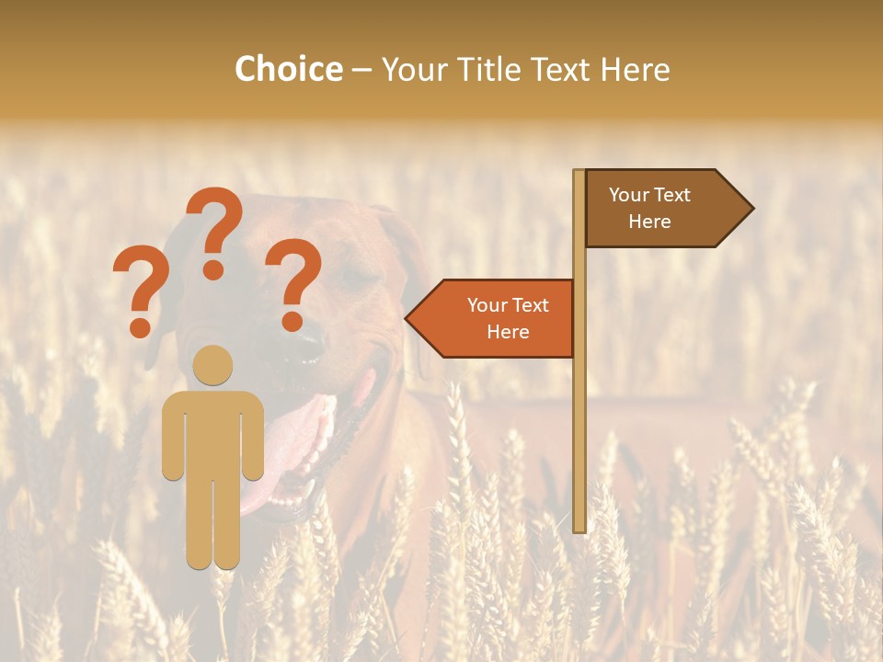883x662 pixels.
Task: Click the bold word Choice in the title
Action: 288,69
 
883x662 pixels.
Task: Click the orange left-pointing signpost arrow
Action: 492,318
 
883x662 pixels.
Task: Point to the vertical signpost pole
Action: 579,414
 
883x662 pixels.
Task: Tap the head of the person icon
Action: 213,365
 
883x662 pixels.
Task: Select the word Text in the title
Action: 562,69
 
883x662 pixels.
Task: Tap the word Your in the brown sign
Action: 629,195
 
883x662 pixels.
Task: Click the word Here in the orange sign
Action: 508,332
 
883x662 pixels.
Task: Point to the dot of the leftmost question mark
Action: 140,327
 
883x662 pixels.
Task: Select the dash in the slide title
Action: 361,70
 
